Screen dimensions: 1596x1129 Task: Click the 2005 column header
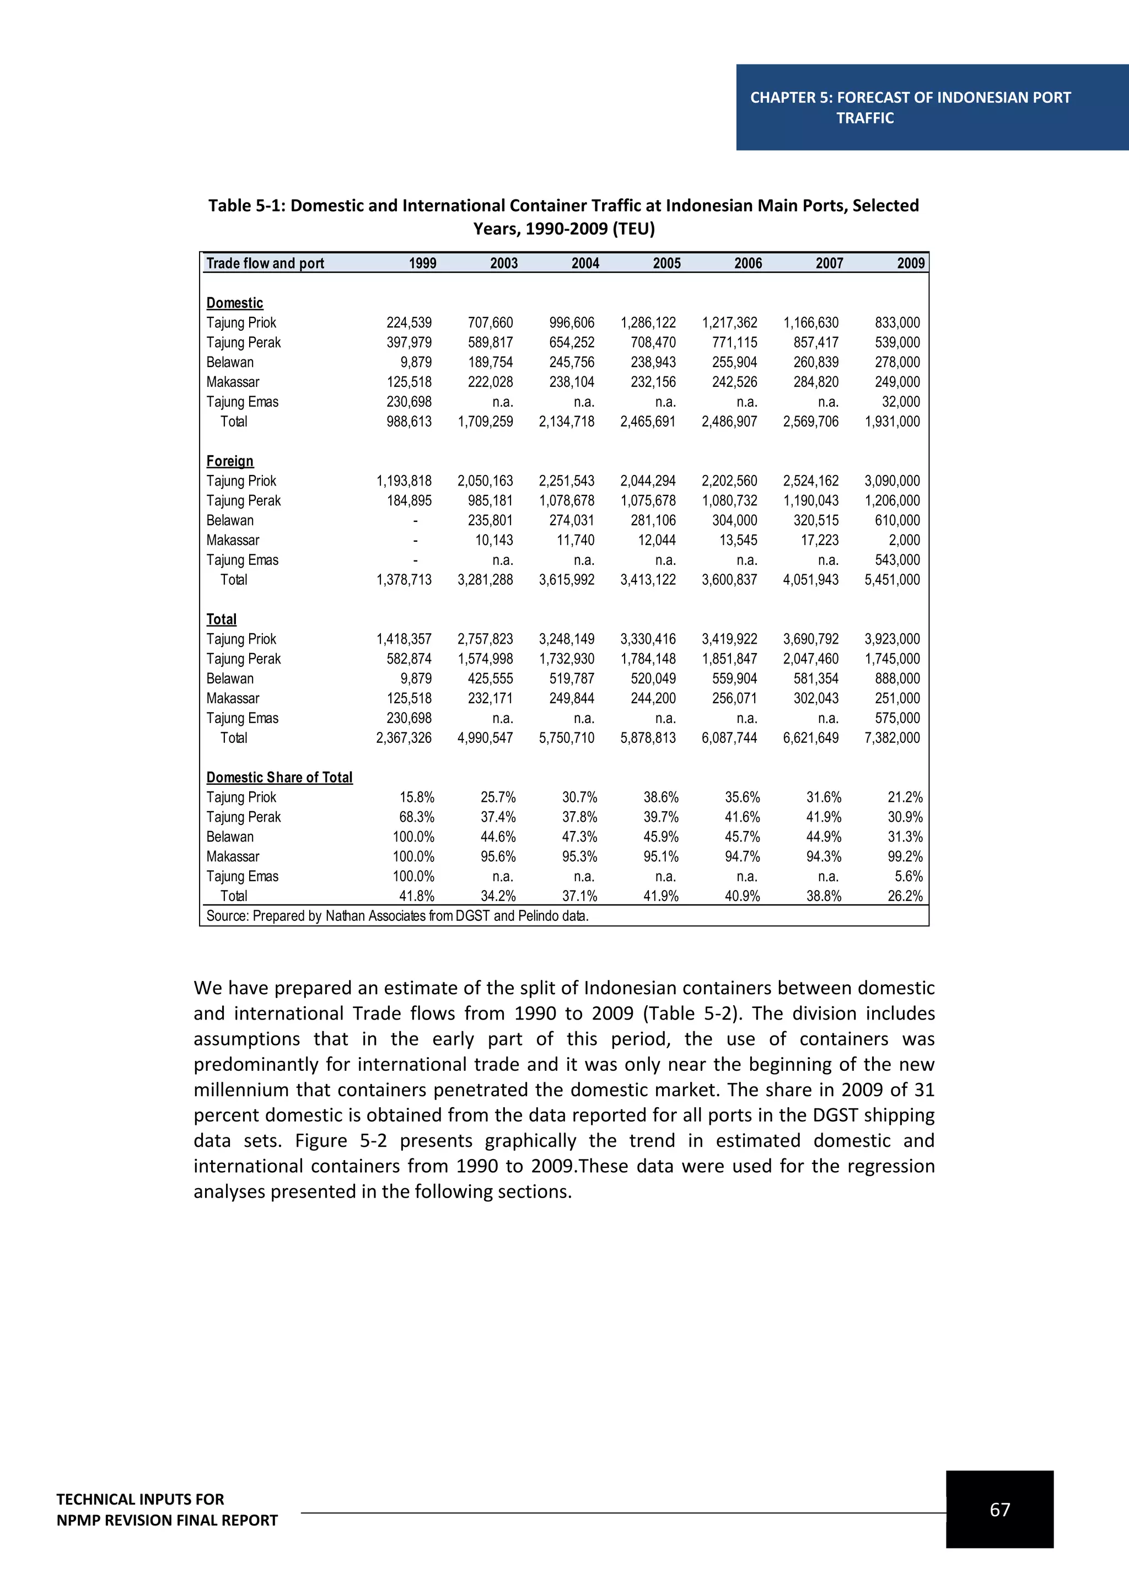666,263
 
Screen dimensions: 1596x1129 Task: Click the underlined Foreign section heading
229,461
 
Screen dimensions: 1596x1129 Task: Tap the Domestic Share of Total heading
279,777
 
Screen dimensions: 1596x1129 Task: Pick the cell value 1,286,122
647,322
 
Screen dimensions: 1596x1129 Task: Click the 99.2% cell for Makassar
905,856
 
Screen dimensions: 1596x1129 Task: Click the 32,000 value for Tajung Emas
900,402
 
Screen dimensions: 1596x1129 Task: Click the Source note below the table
397,916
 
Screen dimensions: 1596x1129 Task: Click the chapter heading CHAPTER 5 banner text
910,98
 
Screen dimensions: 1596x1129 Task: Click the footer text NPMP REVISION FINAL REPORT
167,1521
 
